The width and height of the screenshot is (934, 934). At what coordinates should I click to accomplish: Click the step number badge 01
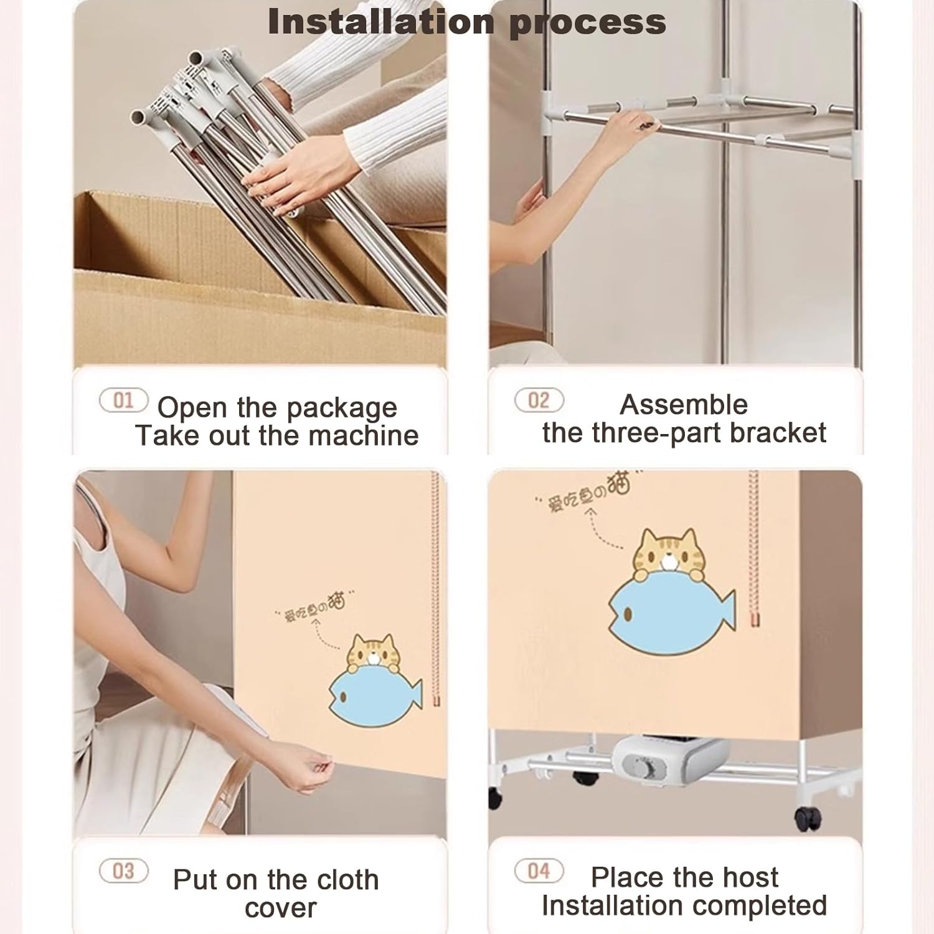(123, 400)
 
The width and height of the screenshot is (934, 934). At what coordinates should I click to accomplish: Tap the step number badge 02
(539, 400)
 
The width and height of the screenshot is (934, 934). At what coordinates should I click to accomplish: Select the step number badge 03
(123, 870)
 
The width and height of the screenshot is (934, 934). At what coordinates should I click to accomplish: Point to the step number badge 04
(539, 870)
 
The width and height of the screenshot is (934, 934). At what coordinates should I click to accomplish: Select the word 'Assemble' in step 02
(684, 405)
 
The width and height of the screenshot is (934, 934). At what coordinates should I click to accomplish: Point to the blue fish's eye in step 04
(628, 615)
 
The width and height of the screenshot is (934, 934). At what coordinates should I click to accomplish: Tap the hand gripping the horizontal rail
(629, 128)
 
